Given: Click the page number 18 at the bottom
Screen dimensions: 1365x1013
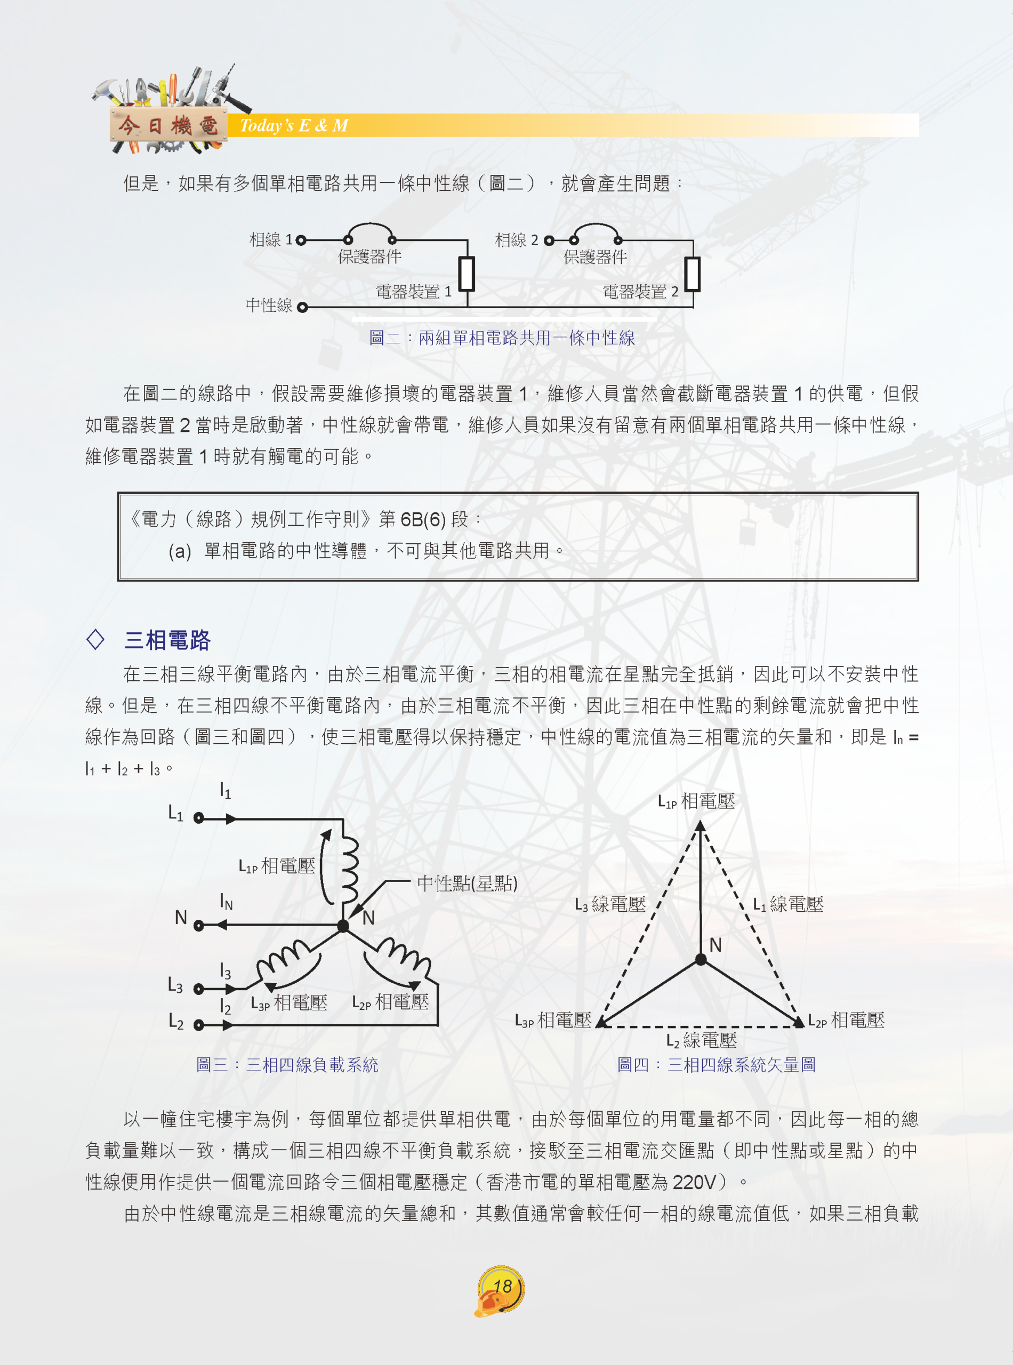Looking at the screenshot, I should [x=502, y=1286].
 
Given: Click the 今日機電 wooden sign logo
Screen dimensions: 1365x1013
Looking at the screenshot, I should [x=168, y=126].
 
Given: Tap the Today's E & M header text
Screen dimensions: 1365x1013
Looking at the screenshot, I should [x=294, y=126].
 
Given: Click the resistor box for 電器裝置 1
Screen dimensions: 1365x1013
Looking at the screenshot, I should [x=467, y=274].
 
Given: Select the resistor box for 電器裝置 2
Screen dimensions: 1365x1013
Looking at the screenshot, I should [x=692, y=274].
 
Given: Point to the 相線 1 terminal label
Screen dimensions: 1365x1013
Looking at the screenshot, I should [x=271, y=240].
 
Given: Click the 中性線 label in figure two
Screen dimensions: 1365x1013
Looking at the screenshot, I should [x=269, y=306].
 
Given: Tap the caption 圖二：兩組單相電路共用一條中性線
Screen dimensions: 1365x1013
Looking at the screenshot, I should [x=502, y=338].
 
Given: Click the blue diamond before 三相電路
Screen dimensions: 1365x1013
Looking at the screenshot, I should [x=95, y=639].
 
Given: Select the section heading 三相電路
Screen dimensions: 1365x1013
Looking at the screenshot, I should [x=167, y=640].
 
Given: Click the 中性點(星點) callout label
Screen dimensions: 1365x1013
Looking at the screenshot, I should [x=467, y=884].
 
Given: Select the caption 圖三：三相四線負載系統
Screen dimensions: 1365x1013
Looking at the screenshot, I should [x=287, y=1064].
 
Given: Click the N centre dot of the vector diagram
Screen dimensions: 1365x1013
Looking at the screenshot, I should [x=700, y=960].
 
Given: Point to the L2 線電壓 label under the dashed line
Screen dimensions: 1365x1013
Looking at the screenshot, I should [x=702, y=1040].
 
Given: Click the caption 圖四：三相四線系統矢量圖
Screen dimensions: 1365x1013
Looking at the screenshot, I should [x=716, y=1064].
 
